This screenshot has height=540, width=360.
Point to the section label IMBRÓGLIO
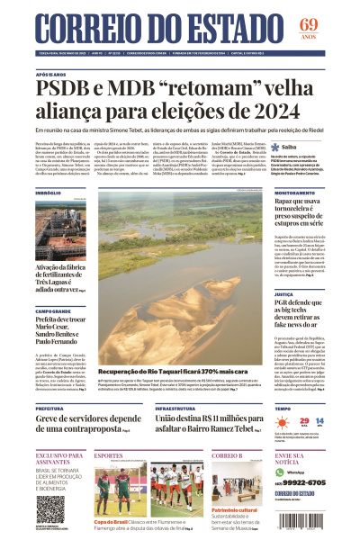pos(49,193)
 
